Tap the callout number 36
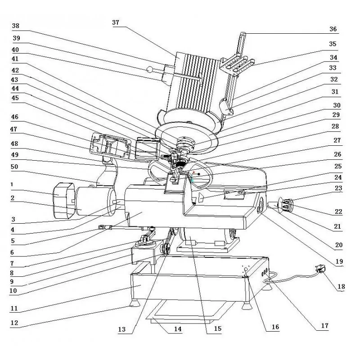(333, 29)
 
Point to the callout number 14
(177, 329)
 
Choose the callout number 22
(339, 211)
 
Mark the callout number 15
(217, 329)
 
